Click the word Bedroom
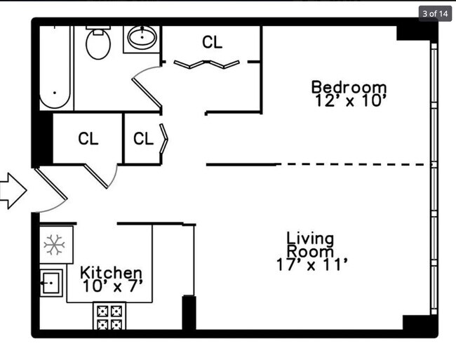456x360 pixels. point(349,87)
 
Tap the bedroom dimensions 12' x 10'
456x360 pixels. point(351,100)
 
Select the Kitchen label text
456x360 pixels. point(111,272)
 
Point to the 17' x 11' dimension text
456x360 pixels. point(311,265)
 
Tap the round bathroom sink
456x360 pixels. point(142,37)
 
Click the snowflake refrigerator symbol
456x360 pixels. point(55,245)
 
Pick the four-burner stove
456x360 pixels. point(109,316)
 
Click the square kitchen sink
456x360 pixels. point(51,283)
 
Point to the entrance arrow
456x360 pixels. point(13,191)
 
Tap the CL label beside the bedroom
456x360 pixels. point(212,42)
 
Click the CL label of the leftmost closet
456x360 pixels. point(88,138)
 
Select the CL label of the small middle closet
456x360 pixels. point(143,138)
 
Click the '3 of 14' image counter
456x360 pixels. point(435,13)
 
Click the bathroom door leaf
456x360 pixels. point(147,93)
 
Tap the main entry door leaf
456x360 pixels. point(51,184)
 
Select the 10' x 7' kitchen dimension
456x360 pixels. point(113,286)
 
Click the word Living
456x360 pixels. point(310,239)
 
